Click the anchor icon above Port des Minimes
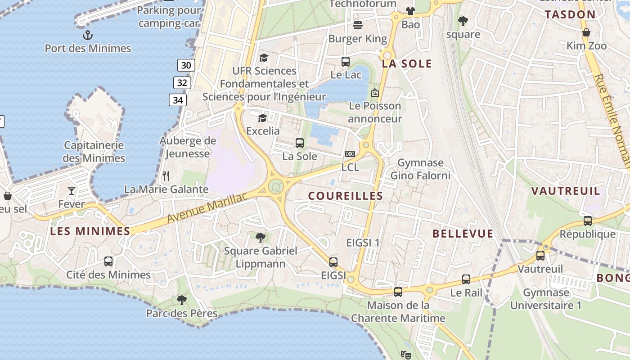pyautogui.click(x=88, y=35)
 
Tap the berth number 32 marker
pyautogui.click(x=182, y=83)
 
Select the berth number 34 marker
pyautogui.click(x=178, y=100)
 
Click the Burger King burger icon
pyautogui.click(x=358, y=25)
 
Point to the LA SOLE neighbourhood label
pyautogui.click(x=407, y=64)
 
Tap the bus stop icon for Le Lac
pyautogui.click(x=346, y=62)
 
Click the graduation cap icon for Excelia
pyautogui.click(x=262, y=118)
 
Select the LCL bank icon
pyautogui.click(x=350, y=154)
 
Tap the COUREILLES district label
pyautogui.click(x=346, y=196)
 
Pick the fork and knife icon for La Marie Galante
pyautogui.click(x=166, y=176)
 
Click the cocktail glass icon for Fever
pyautogui.click(x=72, y=191)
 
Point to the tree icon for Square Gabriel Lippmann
pyautogui.click(x=260, y=237)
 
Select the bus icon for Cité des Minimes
pyautogui.click(x=108, y=261)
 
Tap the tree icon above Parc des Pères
pyautogui.click(x=182, y=300)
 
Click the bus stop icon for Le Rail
pyautogui.click(x=466, y=279)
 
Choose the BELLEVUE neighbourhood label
pyautogui.click(x=463, y=234)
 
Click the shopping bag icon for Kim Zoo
pyautogui.click(x=586, y=32)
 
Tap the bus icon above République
pyautogui.click(x=588, y=221)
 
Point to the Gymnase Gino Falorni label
pyautogui.click(x=420, y=169)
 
